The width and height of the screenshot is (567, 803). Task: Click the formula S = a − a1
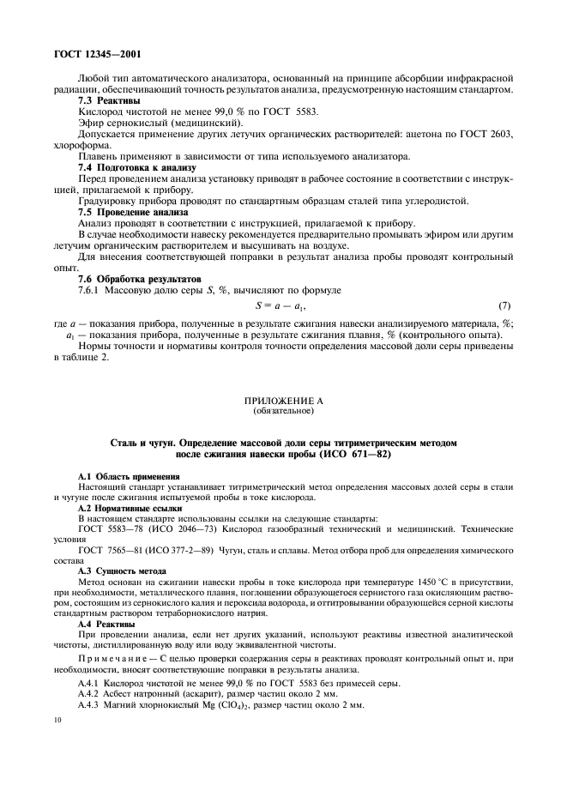tap(281, 306)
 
